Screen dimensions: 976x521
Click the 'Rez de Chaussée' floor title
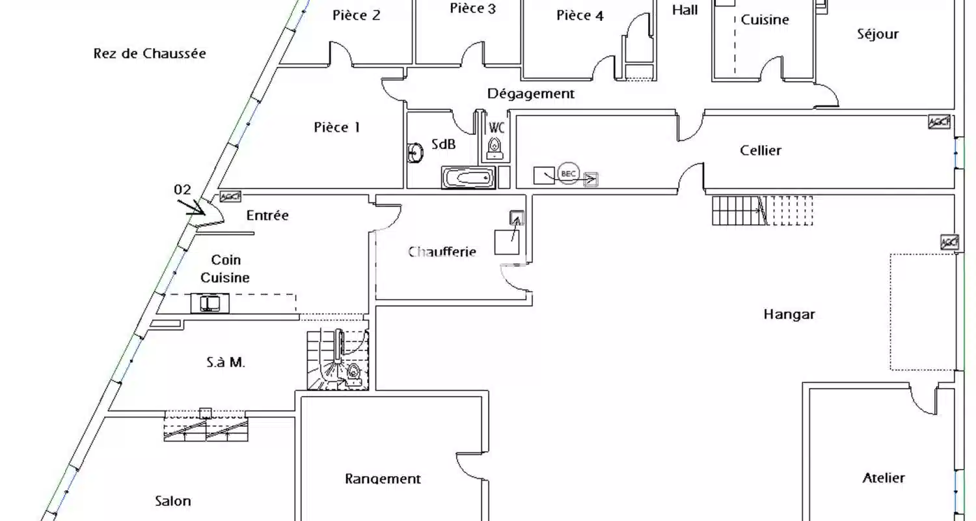150,53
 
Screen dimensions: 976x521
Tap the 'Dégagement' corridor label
531,93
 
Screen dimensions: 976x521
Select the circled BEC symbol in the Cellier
568,173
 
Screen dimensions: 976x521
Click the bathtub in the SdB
468,177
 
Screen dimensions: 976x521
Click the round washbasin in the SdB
415,153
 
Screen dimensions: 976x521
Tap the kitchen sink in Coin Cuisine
210,303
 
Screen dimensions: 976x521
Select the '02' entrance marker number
182,190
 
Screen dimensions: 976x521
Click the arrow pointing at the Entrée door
191,207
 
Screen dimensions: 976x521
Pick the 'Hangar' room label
789,315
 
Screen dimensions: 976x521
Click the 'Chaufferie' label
442,251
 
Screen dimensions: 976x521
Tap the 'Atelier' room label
884,478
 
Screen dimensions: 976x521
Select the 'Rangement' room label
383,479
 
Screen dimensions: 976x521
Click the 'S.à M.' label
225,362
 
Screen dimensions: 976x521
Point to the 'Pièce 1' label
337,127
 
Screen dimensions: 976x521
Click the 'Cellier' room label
761,150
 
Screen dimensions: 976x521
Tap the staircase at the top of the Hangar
763,210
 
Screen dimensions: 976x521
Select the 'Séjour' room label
878,34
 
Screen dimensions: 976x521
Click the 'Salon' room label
173,501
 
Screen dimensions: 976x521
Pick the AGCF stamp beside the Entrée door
230,196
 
